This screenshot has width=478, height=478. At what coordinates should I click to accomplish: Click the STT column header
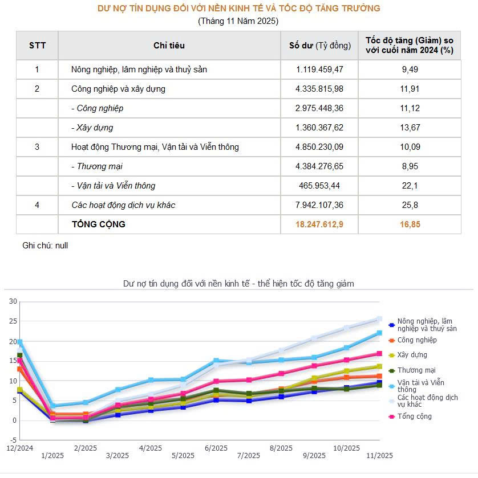37,46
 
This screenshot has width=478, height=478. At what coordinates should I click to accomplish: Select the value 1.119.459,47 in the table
319,70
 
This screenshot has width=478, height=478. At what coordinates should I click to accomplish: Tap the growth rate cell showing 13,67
410,128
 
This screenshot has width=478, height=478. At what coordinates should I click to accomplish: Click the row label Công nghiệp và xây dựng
118,89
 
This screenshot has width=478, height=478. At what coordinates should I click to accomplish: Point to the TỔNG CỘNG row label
98,224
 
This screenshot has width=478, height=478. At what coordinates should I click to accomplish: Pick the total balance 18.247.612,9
319,224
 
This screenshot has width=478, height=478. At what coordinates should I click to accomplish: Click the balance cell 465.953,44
319,186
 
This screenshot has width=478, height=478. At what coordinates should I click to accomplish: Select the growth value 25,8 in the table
410,205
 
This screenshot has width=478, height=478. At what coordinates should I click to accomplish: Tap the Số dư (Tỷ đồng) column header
319,46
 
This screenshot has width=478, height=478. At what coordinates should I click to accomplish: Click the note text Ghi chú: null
45,246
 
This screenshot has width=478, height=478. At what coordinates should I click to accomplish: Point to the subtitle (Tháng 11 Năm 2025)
238,21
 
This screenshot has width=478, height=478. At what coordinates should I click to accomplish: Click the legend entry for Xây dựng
412,355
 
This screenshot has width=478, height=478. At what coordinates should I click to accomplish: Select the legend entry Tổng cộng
414,416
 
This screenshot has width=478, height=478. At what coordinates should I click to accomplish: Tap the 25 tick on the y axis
13,321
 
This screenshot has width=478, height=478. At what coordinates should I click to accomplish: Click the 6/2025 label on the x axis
216,448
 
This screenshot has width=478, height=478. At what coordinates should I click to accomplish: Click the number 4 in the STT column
37,205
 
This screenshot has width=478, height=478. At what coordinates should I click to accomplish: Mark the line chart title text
238,283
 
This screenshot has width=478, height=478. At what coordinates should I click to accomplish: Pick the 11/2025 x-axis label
379,455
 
